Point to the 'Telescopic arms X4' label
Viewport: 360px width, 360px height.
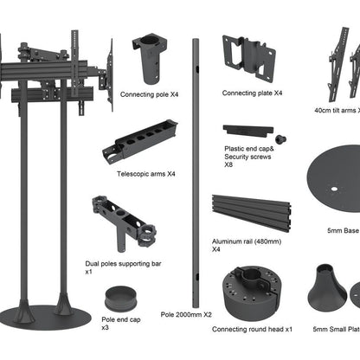[146, 174]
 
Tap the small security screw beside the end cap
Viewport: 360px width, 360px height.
[280, 138]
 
